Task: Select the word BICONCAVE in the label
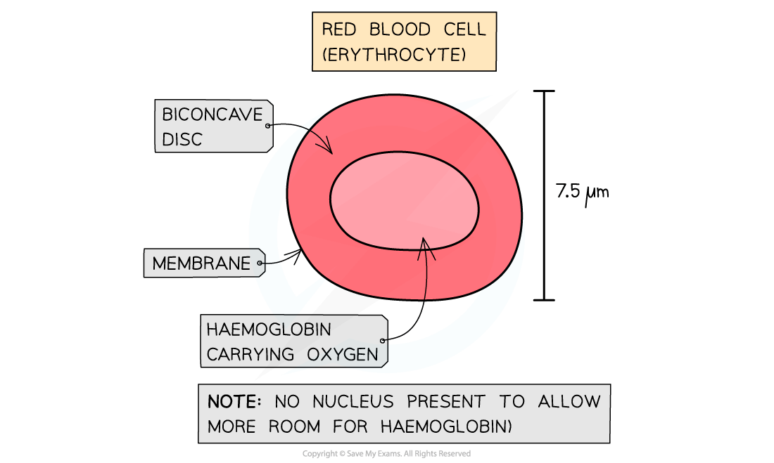[x=212, y=114]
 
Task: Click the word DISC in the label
[x=182, y=139]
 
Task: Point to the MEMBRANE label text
[x=201, y=263]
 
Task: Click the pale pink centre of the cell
[x=405, y=204]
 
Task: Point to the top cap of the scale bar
[x=543, y=91]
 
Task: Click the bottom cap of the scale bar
[x=543, y=300]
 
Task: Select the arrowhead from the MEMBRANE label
[x=298, y=254]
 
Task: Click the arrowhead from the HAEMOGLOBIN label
[x=424, y=242]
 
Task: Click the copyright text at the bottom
[x=386, y=454]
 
